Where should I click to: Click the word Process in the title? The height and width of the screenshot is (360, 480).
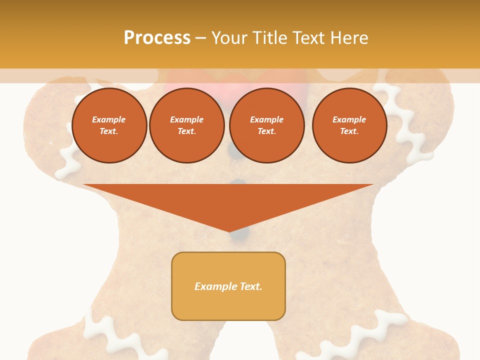pyautogui.click(x=157, y=38)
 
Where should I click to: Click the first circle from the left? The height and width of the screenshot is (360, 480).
pyautogui.click(x=109, y=125)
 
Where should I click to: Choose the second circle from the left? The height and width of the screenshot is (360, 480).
pyautogui.click(x=186, y=125)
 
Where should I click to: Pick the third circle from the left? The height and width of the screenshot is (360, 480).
pyautogui.click(x=266, y=125)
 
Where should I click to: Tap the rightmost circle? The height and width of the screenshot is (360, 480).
pyautogui.click(x=349, y=125)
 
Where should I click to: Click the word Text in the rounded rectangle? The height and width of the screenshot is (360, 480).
pyautogui.click(x=251, y=286)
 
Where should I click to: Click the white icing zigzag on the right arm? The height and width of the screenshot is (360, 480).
pyautogui.click(x=405, y=125)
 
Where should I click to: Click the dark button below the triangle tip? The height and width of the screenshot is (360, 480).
pyautogui.click(x=242, y=233)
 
